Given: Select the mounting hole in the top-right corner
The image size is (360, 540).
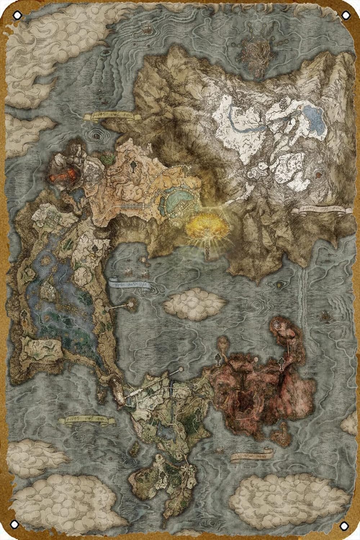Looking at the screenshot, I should click(345, 15).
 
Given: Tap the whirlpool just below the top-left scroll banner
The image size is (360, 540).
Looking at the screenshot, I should click(96, 138).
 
